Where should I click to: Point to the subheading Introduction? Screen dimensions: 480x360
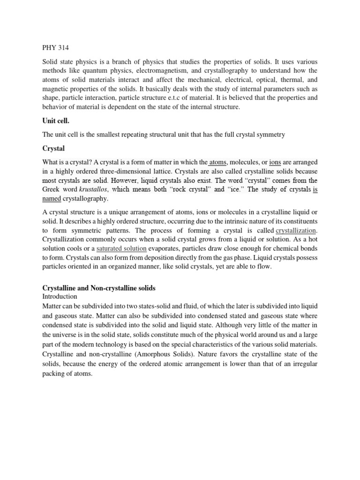[x=60, y=297]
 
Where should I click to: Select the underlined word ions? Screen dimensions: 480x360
[x=275, y=162]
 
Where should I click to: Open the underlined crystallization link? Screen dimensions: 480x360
[x=296, y=230]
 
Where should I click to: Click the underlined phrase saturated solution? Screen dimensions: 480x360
[x=121, y=248]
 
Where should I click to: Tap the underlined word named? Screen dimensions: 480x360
[x=52, y=198]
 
